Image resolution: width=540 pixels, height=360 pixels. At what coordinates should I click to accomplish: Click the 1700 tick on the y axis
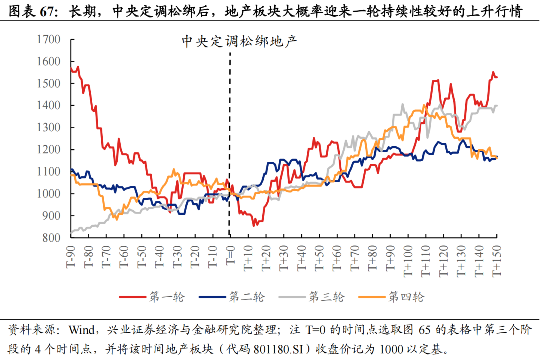click(49, 39)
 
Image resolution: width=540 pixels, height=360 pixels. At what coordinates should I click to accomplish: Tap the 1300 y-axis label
click(49, 127)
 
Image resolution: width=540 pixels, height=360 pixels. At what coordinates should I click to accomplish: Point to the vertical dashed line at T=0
click(229, 150)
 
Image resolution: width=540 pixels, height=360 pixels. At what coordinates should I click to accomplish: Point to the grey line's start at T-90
click(72, 233)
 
